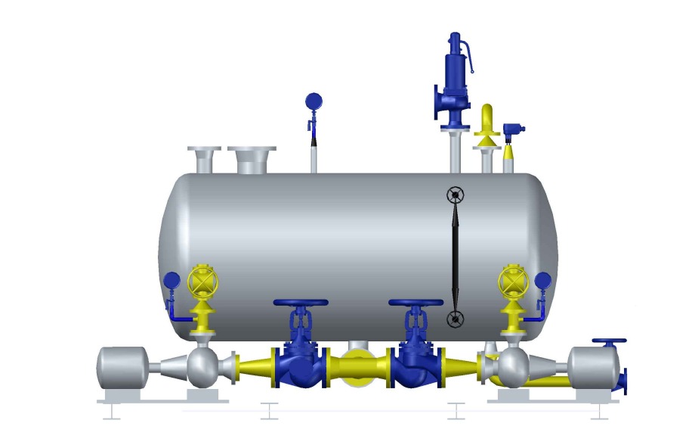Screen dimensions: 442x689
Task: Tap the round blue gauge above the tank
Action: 313,101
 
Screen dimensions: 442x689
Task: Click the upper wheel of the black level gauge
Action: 454,195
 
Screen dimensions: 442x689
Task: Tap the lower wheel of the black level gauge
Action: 454,319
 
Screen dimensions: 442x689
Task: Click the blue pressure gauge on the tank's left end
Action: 171,280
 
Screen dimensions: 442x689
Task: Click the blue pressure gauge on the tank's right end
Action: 542,280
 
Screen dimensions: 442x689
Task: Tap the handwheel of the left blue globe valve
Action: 300,303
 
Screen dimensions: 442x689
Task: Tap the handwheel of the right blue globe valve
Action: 416,303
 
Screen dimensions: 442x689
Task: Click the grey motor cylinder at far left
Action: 122,368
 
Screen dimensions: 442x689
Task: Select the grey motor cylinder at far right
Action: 593,368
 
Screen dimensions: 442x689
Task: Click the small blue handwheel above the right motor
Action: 609,343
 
